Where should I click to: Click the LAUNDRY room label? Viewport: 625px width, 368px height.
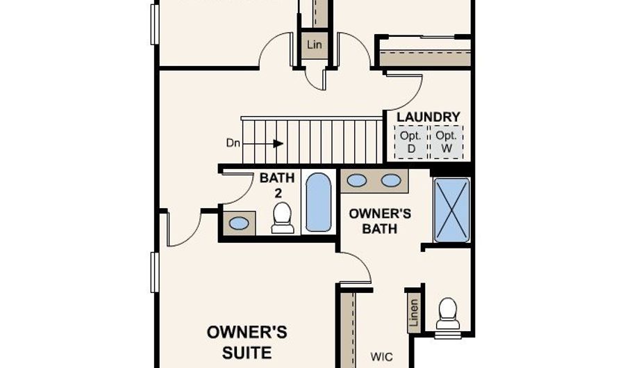tap(428, 117)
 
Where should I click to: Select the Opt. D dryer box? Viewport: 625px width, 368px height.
tap(411, 142)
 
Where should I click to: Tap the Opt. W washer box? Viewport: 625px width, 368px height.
tap(447, 142)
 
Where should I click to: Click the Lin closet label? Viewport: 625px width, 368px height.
tap(315, 45)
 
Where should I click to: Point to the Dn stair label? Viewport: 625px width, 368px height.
tap(233, 143)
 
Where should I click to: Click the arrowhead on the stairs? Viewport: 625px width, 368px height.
tap(278, 143)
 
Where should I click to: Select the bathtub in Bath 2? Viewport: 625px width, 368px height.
tap(319, 202)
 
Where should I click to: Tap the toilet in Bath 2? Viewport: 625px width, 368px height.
tap(283, 218)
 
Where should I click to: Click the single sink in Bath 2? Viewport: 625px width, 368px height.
tap(239, 223)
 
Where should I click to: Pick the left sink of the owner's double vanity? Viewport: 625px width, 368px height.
tap(357, 180)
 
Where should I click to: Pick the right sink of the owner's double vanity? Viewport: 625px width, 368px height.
tap(391, 180)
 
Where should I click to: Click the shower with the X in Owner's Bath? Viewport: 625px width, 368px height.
tap(451, 210)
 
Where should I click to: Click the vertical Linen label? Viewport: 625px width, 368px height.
tap(414, 313)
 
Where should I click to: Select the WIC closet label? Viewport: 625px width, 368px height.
tap(381, 356)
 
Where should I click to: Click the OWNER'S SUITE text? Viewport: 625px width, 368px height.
tap(247, 342)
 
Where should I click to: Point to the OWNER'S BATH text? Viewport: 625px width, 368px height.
tap(380, 221)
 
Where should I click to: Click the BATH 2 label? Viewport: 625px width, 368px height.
tap(277, 185)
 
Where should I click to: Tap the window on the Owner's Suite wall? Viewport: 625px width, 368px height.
tap(155, 272)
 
